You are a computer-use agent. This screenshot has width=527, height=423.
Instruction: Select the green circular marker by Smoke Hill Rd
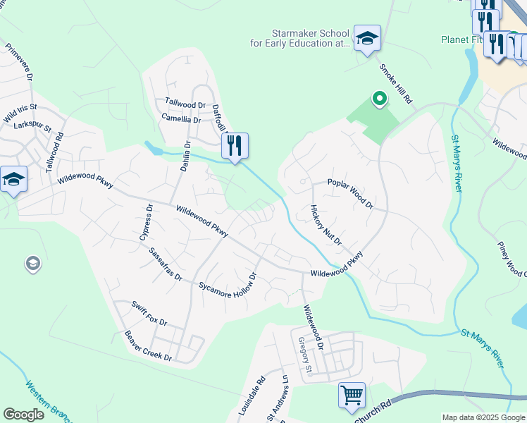380,99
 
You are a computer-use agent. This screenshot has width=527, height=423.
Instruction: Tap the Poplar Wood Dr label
350,193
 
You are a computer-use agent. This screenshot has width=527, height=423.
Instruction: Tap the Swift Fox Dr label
149,312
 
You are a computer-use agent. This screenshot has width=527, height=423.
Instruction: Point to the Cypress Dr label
145,223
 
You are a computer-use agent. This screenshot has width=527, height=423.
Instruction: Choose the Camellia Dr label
181,118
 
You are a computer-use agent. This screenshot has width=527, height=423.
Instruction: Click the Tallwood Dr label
185,104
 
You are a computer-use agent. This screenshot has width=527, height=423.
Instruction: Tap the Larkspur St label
32,127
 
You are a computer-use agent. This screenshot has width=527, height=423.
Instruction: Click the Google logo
23,415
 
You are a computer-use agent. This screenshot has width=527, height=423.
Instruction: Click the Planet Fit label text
461,39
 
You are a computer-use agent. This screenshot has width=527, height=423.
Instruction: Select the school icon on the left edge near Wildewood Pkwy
14,179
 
